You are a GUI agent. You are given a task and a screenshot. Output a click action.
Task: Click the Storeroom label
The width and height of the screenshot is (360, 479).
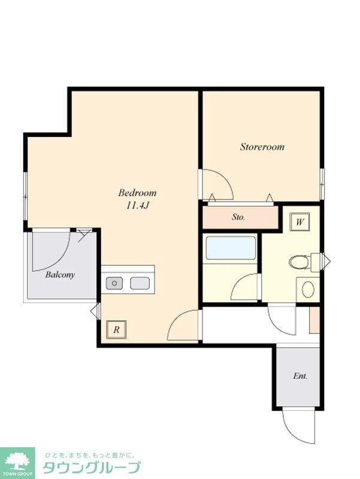pos(262,147)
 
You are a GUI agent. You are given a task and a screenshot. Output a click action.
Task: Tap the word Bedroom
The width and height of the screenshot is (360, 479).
pos(137,193)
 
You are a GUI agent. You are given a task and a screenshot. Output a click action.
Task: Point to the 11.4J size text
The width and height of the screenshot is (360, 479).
pos(137,205)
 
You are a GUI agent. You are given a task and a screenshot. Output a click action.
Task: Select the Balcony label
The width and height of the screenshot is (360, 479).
pos(60,275)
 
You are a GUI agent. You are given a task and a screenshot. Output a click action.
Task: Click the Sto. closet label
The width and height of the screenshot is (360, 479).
pos(238,217)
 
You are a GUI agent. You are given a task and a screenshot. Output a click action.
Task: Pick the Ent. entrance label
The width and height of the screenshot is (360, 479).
pos(300,376)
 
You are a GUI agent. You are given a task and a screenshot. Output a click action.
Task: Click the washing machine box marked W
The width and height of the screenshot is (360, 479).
pos(300,222)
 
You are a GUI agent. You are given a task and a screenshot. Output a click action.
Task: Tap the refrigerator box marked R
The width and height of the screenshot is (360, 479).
pos(116,330)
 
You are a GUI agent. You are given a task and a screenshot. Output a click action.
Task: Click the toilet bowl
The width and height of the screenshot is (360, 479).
pos(300,262)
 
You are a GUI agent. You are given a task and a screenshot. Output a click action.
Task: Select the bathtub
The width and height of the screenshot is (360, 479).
pos(231,247)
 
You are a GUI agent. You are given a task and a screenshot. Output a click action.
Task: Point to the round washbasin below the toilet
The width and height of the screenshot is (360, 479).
pos(308,289)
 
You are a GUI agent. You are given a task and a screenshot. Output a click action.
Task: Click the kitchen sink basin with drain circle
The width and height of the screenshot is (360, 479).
pos(114,283)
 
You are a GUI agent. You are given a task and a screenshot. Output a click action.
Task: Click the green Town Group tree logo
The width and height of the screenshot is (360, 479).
pos(17,462)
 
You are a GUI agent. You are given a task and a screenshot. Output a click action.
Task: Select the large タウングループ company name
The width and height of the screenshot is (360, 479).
pos(92,468)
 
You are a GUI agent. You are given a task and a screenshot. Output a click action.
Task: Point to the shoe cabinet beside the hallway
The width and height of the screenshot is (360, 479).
pos(314,320)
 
